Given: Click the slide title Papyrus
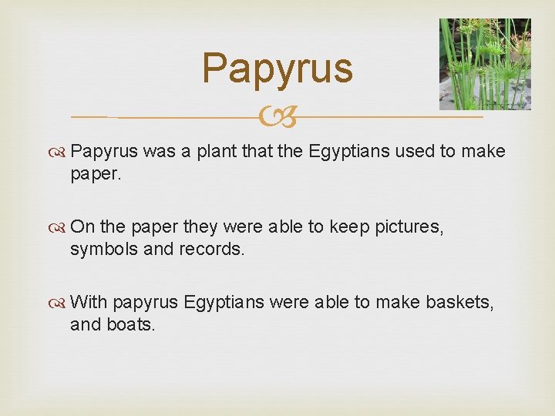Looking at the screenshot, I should coord(277,69).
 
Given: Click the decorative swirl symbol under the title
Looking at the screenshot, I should coord(277,118).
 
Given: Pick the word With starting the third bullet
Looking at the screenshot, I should coord(89,303).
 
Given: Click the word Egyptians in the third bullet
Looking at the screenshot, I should coord(224,303).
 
